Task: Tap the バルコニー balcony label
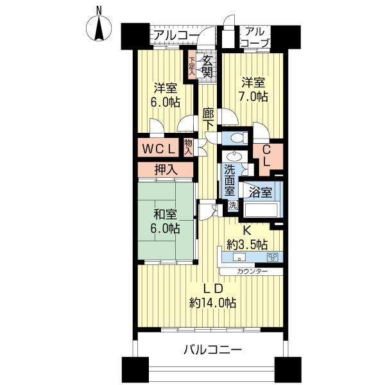coord(212,350)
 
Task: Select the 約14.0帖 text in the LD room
coord(212,302)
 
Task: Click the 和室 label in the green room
coord(166,214)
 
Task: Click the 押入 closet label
coord(165,170)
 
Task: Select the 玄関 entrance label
coord(207,66)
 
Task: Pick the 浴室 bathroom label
coord(260,192)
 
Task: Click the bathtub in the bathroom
coord(259,210)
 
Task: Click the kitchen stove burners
coord(272,257)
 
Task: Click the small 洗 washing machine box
coord(233,206)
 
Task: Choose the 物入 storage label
coord(189,147)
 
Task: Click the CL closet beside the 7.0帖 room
coord(266,155)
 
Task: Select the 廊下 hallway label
coord(208,119)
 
